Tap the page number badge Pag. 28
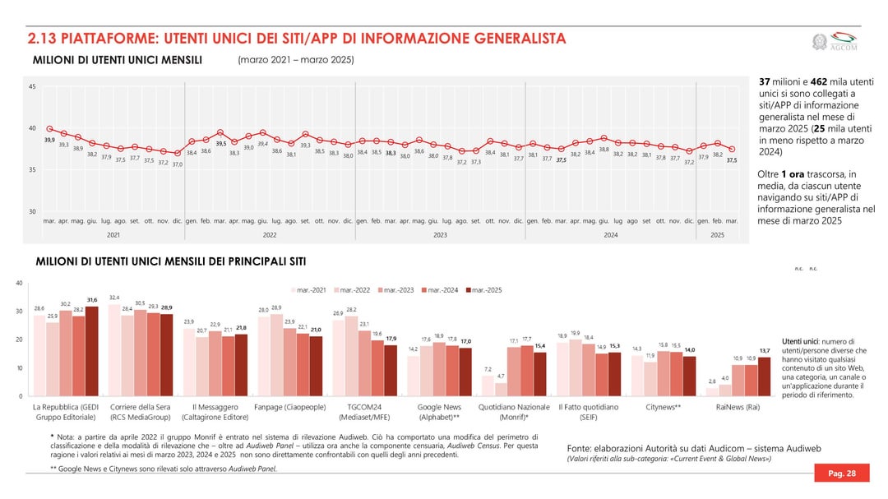tap(841, 474)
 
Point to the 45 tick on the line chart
tap(32, 87)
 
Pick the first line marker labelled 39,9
tap(49, 128)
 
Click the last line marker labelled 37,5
tap(732, 149)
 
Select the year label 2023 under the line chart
tap(440, 235)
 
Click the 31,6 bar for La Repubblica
tap(91, 351)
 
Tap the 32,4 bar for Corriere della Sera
tap(114, 350)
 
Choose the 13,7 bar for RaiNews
tap(764, 377)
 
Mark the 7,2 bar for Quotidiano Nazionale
tap(488, 386)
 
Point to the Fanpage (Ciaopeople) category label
tap(290, 407)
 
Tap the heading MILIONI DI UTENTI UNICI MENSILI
tap(117, 60)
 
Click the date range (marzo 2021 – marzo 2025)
tap(296, 60)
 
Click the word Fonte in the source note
tap(580, 447)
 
